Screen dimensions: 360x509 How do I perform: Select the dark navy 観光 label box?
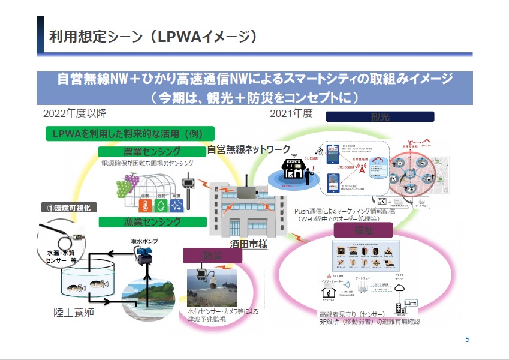point(380,116)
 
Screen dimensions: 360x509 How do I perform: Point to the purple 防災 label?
point(212,256)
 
